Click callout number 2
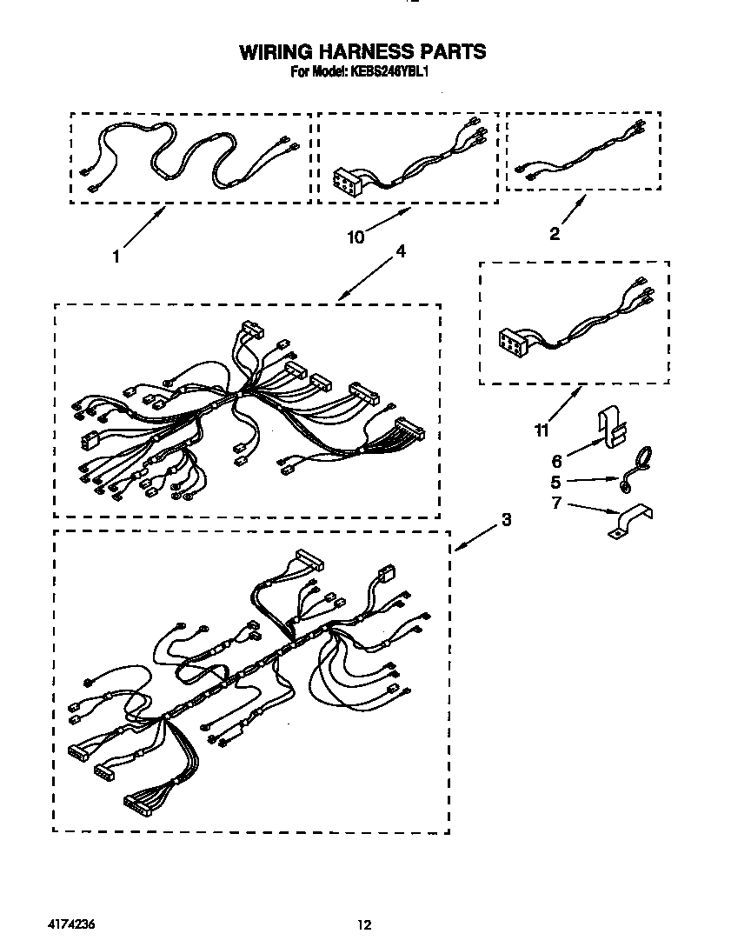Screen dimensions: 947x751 point(555,232)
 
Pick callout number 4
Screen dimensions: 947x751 point(401,250)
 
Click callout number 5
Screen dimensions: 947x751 point(556,481)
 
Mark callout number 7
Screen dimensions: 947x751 point(556,504)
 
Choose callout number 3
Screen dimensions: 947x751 point(506,520)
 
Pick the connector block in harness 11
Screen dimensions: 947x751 point(513,340)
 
